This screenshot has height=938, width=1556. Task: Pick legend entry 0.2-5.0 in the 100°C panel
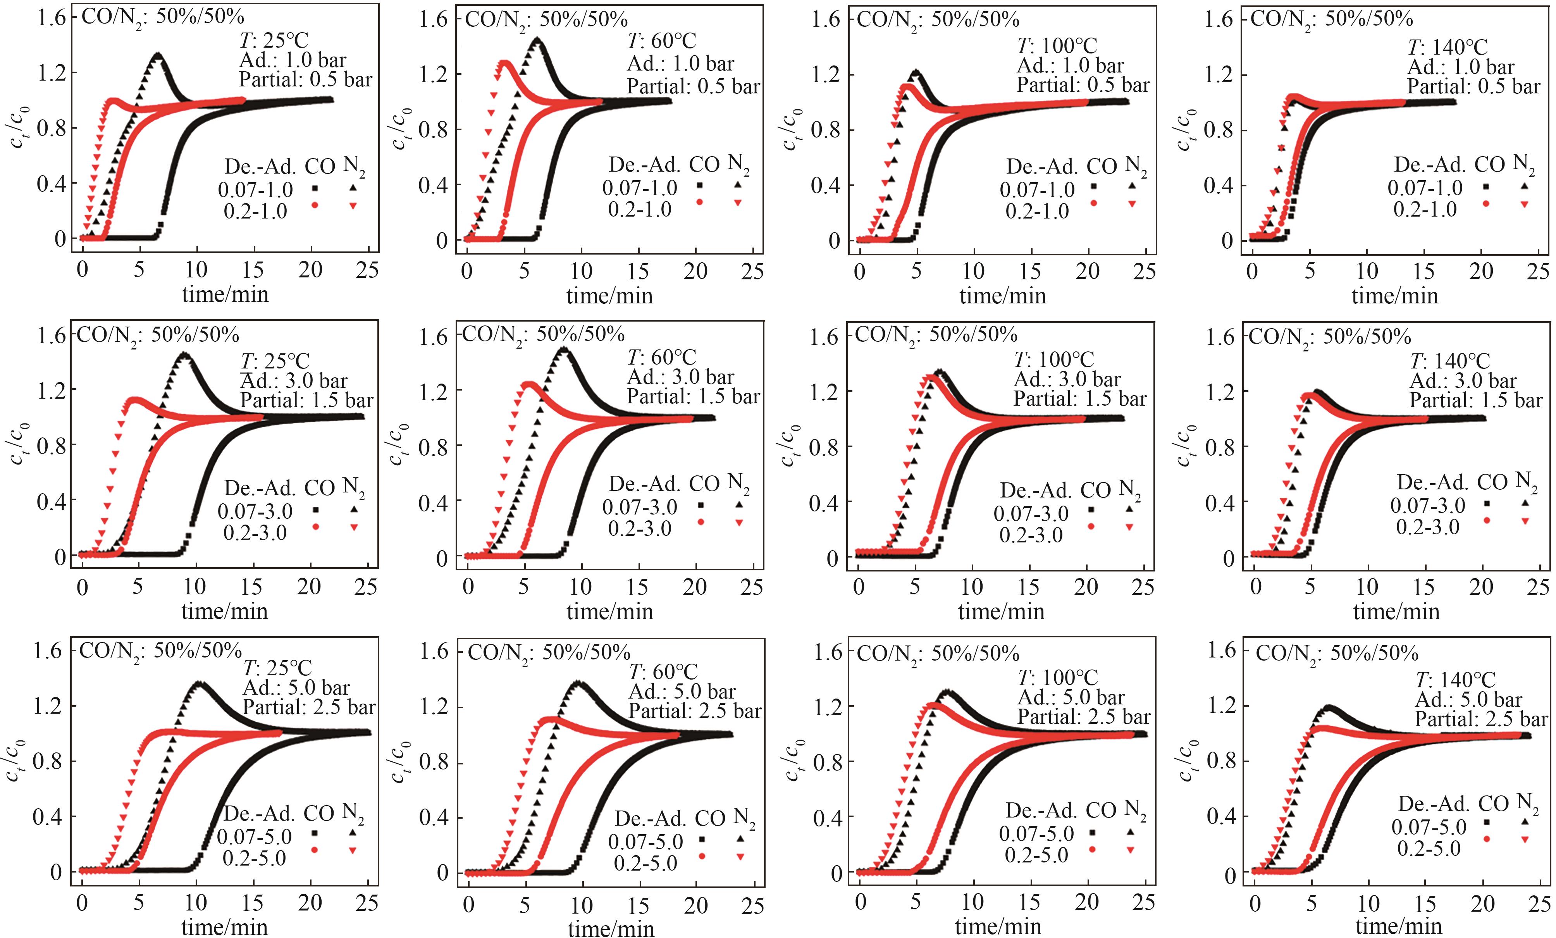1036,855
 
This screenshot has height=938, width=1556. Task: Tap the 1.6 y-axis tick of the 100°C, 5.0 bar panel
827,652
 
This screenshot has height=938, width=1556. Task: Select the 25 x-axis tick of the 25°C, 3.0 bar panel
366,587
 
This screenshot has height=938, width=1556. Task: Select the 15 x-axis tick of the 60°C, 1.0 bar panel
639,272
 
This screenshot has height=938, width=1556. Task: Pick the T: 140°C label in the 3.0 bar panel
1450,361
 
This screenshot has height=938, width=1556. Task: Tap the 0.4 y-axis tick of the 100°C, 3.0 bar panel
827,503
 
